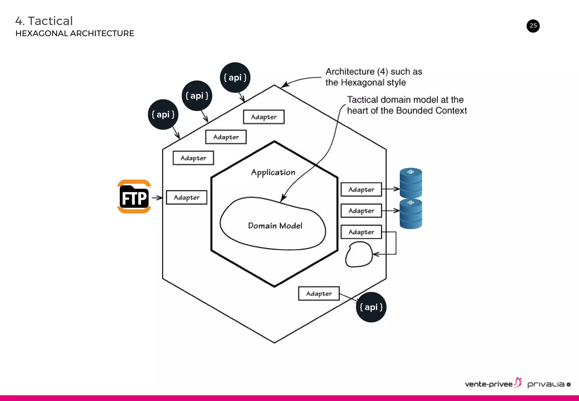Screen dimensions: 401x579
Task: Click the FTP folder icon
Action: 134,197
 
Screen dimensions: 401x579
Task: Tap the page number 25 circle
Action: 533,26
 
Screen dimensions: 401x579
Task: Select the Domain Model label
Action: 275,226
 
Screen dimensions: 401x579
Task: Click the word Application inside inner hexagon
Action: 273,172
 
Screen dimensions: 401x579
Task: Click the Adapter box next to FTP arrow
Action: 186,197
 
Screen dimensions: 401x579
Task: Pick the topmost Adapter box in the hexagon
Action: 263,117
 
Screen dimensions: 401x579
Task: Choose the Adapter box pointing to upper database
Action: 361,189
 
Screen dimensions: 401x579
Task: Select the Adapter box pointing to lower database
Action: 361,211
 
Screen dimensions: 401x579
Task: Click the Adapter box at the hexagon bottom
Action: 319,294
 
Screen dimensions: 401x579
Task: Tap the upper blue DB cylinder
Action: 411,183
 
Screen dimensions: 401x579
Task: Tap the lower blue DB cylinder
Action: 411,214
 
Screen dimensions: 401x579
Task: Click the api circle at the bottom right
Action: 371,307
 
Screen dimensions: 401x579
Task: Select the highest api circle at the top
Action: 235,77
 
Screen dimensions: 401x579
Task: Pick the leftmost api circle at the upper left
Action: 163,115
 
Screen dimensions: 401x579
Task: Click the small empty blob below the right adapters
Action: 359,254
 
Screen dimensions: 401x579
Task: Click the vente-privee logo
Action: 492,384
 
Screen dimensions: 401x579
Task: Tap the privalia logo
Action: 548,384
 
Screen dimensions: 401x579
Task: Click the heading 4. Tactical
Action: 44,21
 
